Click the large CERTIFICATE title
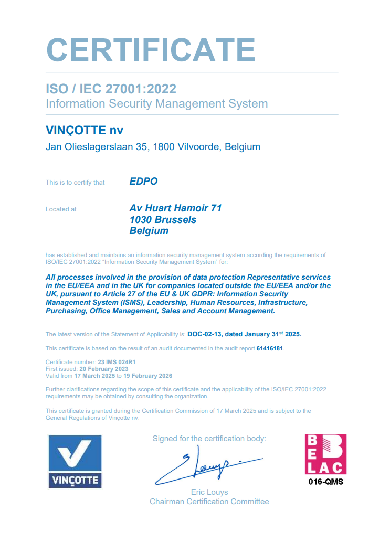click(151, 50)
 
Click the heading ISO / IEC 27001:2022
click(111, 89)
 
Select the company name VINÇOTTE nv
click(85, 130)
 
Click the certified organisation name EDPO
click(143, 182)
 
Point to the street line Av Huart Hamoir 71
click(175, 208)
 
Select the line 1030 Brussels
click(163, 220)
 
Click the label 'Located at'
click(61, 209)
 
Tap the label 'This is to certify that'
click(75, 183)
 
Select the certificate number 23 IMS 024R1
click(117, 362)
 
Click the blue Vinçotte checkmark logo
click(75, 461)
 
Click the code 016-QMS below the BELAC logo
click(325, 482)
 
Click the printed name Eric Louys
click(209, 492)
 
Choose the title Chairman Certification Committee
click(209, 502)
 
